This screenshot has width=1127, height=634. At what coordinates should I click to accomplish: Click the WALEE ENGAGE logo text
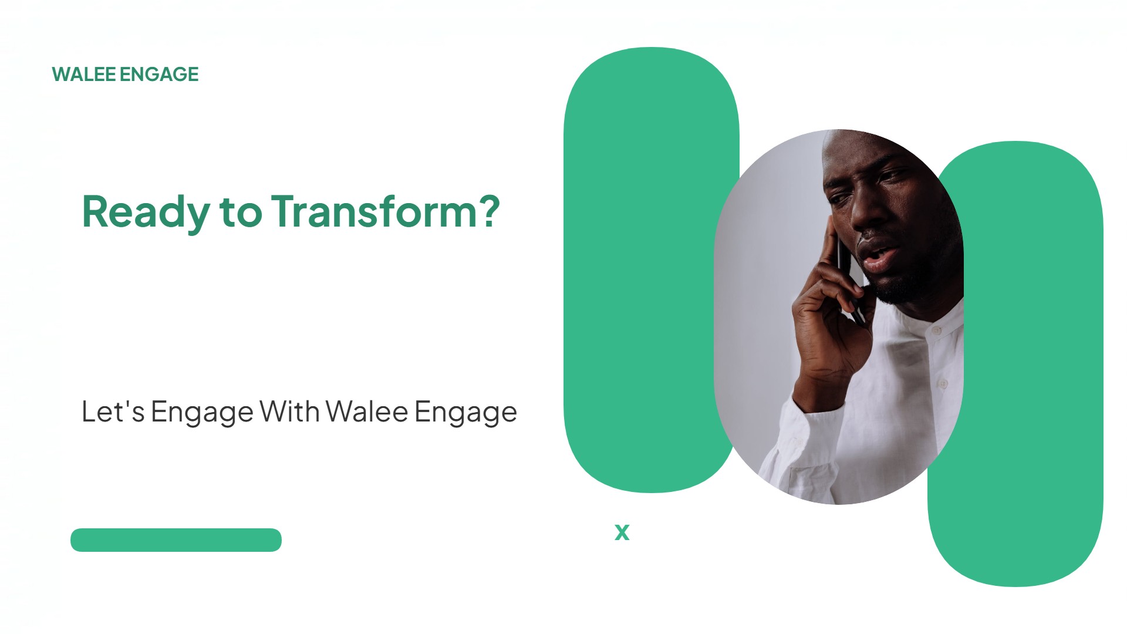click(x=125, y=75)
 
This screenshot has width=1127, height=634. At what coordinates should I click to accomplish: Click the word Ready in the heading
click(x=146, y=213)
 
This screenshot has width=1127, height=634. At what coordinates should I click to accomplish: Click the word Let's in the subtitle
click(x=113, y=412)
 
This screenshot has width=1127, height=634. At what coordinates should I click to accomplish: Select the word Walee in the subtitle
click(x=367, y=411)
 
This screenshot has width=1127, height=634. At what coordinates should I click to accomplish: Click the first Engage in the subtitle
click(x=203, y=413)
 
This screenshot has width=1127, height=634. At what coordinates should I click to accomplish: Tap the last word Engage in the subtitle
click(x=466, y=413)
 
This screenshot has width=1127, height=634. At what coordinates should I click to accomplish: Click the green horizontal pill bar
click(x=176, y=540)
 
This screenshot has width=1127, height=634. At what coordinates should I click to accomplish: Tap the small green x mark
click(x=622, y=532)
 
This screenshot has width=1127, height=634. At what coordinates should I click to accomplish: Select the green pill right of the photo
click(x=1033, y=364)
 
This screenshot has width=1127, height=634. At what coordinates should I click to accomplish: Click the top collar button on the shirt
click(x=937, y=331)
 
